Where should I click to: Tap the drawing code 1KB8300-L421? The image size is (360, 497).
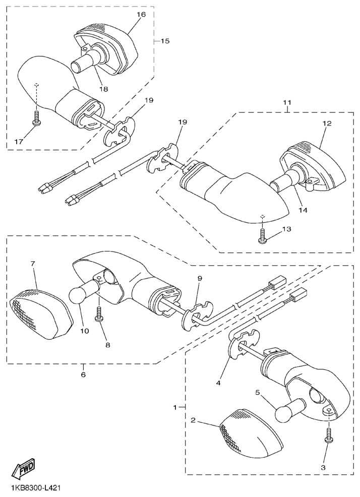coord(35,487)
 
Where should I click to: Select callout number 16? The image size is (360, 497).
coord(141,14)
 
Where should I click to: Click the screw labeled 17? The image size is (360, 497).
coord(37,119)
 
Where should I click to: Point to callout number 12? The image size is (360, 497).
coord(327,123)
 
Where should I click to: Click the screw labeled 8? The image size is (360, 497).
coord(99,315)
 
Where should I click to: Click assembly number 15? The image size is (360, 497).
coord(165,41)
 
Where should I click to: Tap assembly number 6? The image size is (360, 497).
coord(83,375)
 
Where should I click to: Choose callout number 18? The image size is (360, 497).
coord(104,89)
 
